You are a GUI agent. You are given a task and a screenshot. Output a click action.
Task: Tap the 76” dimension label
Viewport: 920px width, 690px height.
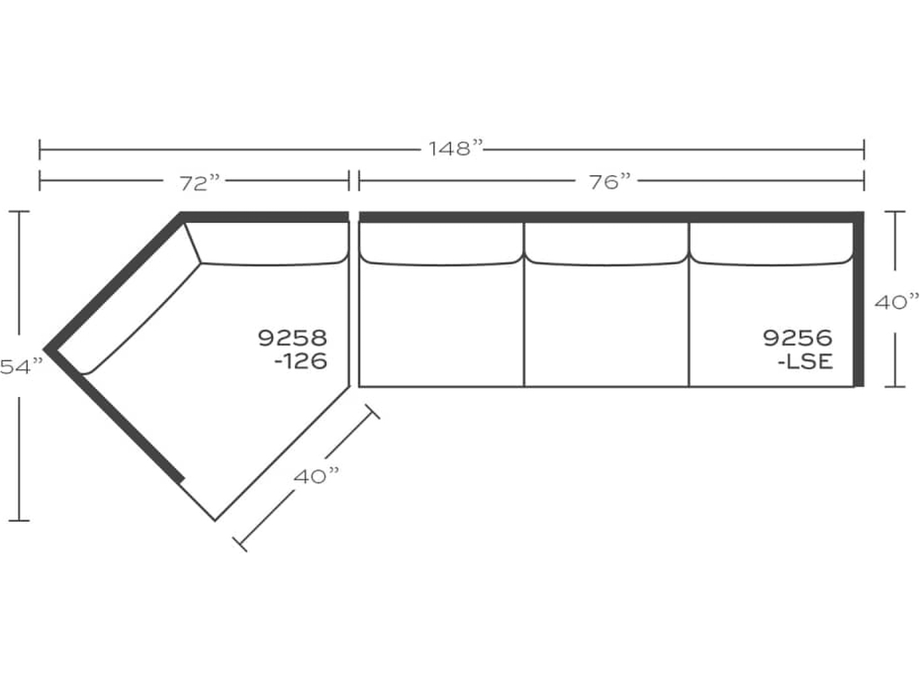[x=610, y=182]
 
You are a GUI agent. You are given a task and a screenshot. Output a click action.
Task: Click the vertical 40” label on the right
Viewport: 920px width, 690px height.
[x=897, y=303]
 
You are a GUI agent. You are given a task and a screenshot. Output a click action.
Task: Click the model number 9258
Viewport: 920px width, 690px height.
[x=292, y=339]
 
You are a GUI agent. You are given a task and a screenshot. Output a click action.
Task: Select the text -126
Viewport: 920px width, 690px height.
[x=300, y=361]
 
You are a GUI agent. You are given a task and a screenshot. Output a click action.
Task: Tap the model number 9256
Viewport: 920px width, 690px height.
[x=798, y=339]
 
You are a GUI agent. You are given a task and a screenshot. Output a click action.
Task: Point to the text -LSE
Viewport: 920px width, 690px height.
[x=805, y=361]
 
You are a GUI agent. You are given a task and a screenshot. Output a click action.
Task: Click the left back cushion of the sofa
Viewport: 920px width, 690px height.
[x=441, y=243]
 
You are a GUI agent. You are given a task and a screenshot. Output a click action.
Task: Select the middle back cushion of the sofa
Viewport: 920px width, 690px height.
[x=606, y=243]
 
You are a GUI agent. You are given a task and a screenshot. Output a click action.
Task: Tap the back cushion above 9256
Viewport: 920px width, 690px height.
[x=771, y=243]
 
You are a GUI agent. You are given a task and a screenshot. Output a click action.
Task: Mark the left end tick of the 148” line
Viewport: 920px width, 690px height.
[x=40, y=149]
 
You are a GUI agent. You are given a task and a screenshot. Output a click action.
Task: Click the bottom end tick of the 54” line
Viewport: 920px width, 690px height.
[x=19, y=519]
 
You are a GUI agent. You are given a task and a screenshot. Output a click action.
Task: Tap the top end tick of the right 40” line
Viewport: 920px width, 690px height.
[x=895, y=212]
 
